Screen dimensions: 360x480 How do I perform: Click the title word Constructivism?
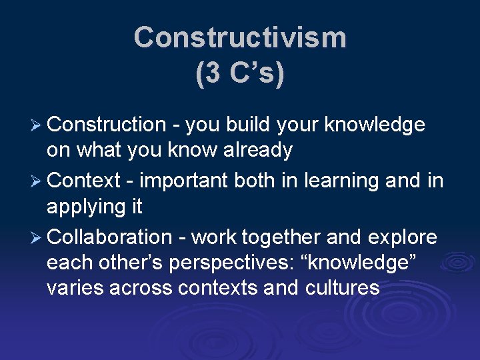[240, 38]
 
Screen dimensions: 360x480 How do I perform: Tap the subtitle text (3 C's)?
[240, 73]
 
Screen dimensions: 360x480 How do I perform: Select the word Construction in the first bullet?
[107, 125]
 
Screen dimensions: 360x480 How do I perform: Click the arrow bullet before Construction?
[37, 125]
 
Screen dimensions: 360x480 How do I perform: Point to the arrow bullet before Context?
[37, 181]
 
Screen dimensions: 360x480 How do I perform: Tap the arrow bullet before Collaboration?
[37, 237]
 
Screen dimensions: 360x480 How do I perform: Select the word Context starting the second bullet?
[84, 181]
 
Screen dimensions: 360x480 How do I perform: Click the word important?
[182, 181]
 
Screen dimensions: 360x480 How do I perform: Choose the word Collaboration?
[110, 237]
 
